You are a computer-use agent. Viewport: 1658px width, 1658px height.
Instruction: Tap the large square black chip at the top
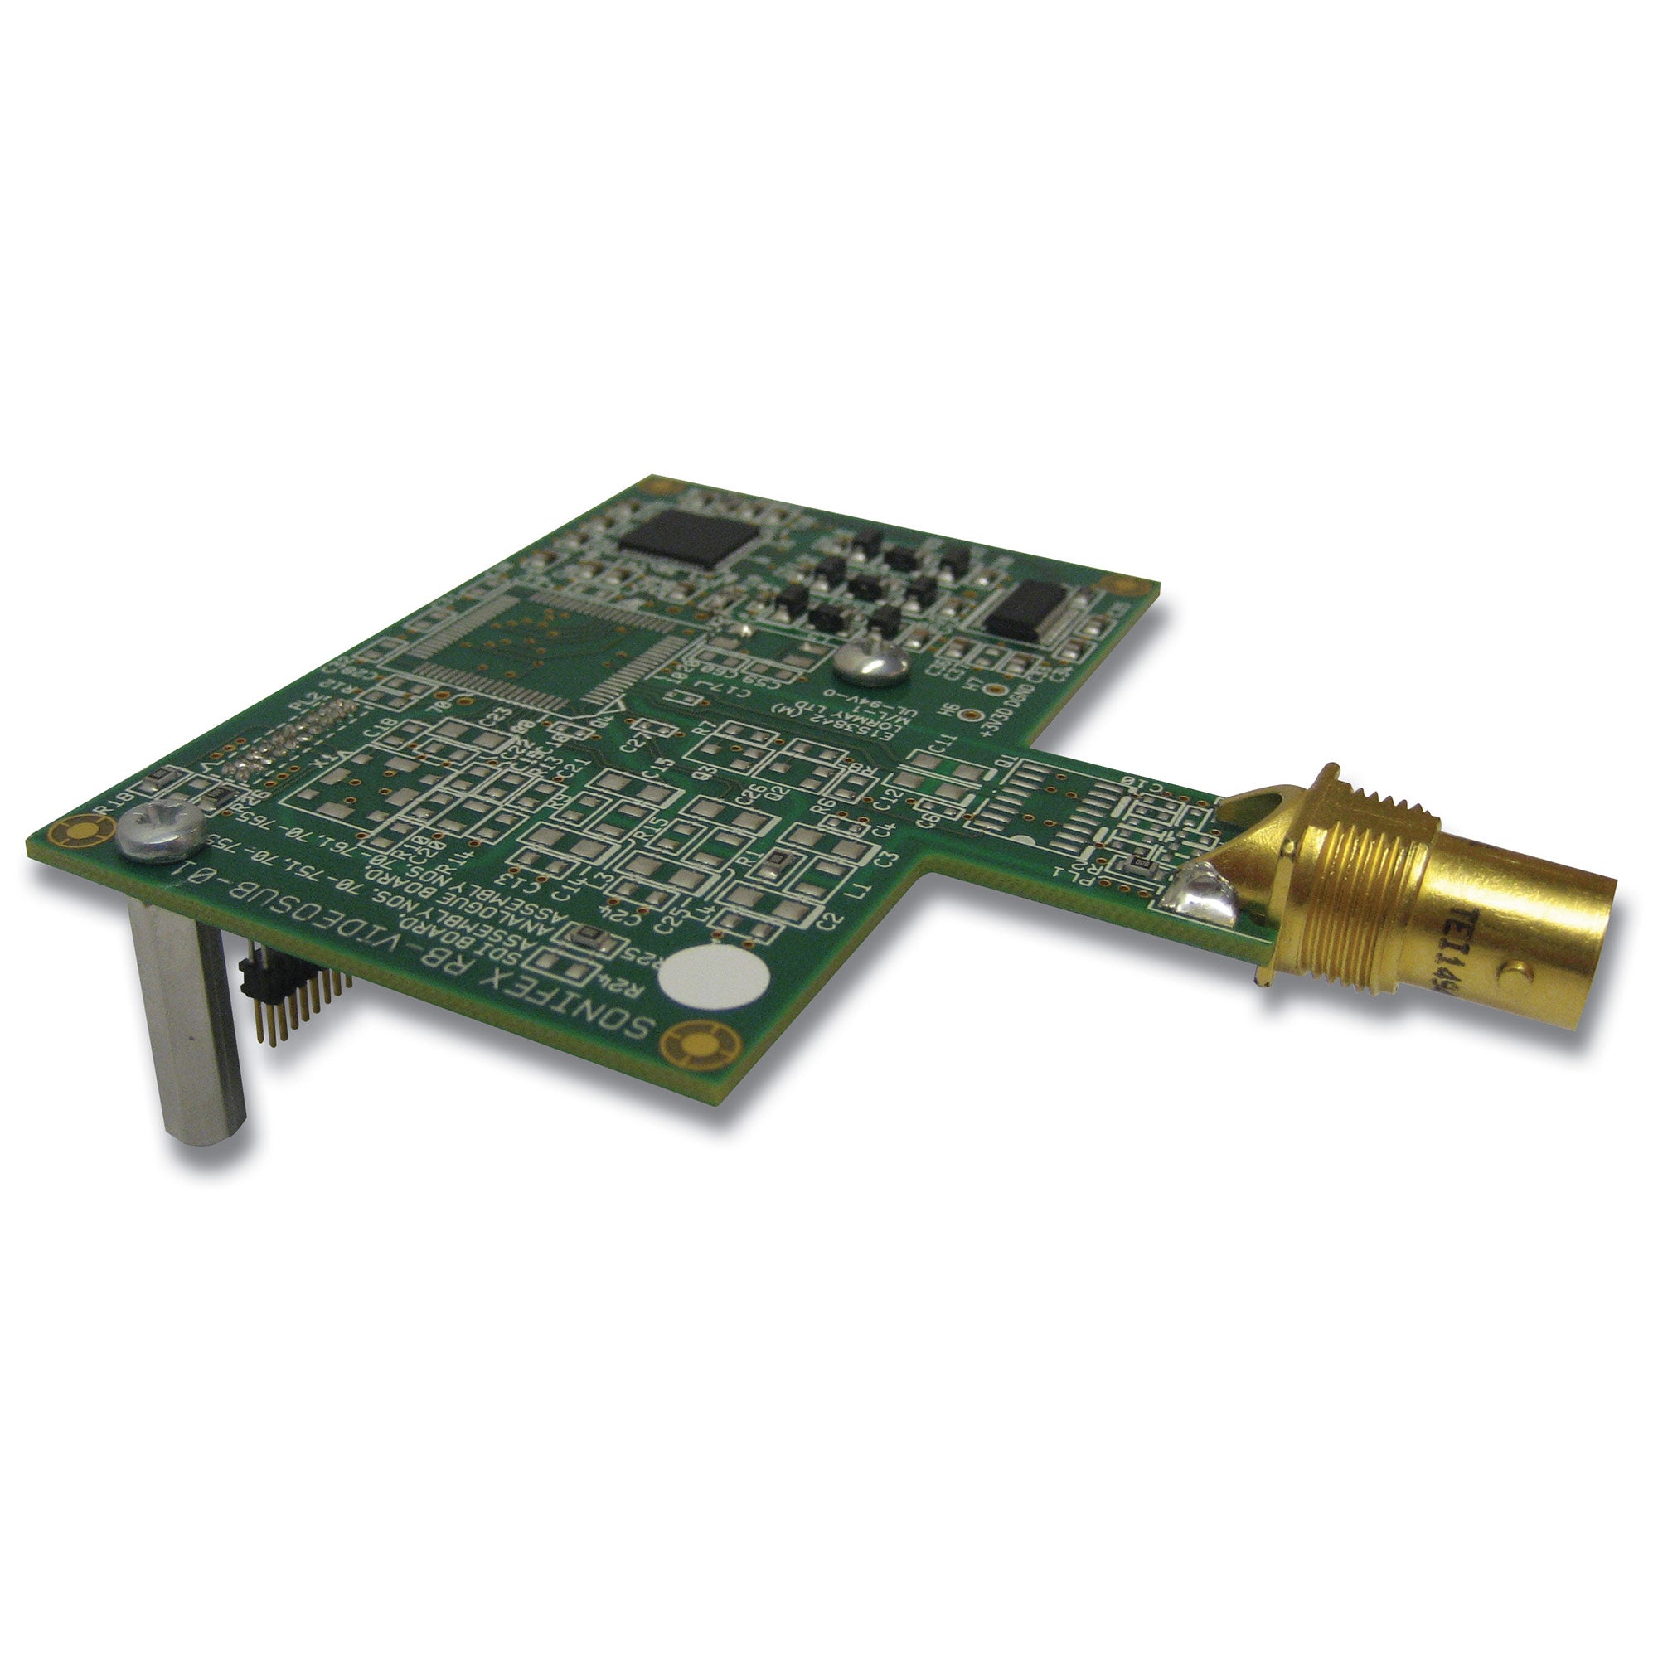click(688, 537)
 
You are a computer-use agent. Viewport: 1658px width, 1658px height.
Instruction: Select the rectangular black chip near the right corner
click(1030, 608)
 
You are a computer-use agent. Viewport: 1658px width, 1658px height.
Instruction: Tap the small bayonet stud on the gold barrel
click(1516, 972)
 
